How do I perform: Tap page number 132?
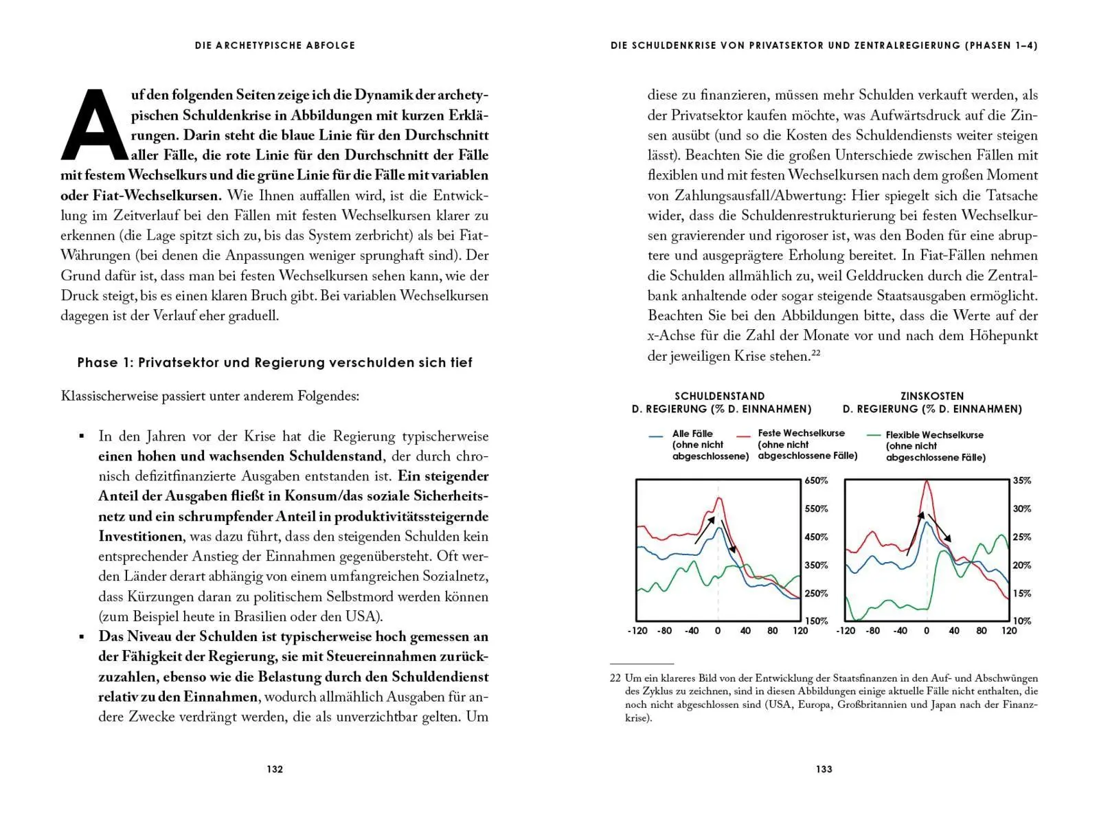[x=275, y=769]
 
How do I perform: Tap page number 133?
[x=824, y=769]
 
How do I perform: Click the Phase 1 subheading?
[x=275, y=363]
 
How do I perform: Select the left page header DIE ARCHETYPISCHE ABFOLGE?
[x=275, y=45]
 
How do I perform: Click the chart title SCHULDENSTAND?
[x=719, y=396]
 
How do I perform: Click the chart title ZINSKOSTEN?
[x=932, y=396]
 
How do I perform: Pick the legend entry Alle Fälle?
[x=692, y=434]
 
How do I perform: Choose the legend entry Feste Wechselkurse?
[x=801, y=433]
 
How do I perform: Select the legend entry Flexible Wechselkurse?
[x=934, y=435]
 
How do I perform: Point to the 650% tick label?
[x=817, y=481]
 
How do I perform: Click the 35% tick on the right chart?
[x=1022, y=481]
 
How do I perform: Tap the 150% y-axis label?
[x=817, y=621]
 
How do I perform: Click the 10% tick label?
[x=1022, y=621]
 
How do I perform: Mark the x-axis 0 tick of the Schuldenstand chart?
[x=718, y=631]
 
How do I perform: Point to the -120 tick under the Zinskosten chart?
[x=846, y=631]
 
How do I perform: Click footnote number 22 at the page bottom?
[x=615, y=678]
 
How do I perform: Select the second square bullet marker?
[x=82, y=637]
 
